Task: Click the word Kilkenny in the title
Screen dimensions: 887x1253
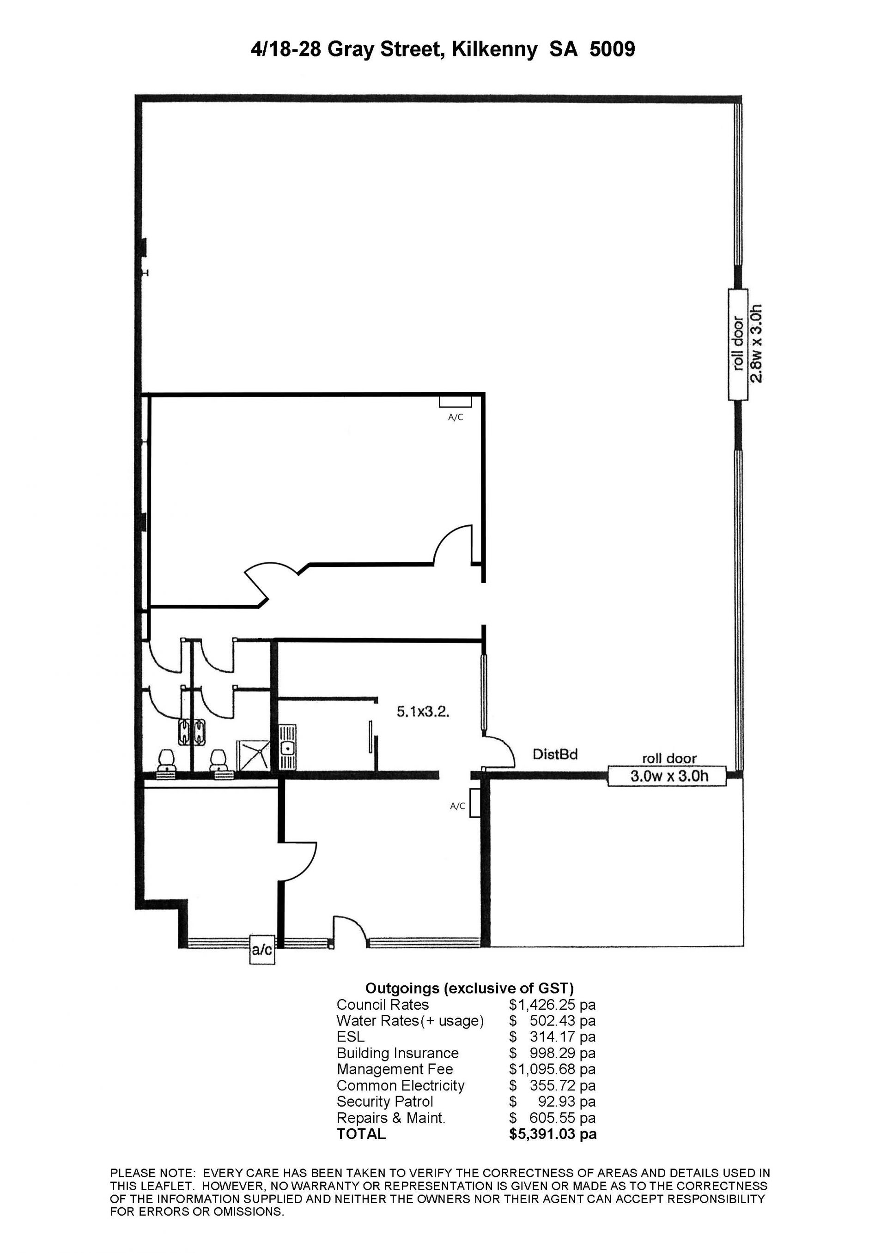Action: (x=495, y=50)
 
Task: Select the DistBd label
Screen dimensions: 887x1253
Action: (x=555, y=754)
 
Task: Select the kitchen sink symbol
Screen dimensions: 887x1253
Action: (x=287, y=747)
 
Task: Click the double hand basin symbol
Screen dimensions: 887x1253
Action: (x=192, y=732)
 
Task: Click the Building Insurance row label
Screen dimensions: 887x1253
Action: (x=398, y=1053)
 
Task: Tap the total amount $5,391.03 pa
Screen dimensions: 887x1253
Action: (x=553, y=1134)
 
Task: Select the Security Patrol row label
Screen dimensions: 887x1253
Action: (x=385, y=1102)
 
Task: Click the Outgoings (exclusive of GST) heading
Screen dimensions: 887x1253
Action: (x=469, y=988)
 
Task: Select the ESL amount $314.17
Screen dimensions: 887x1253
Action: (x=553, y=1037)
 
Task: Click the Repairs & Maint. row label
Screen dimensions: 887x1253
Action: (x=391, y=1118)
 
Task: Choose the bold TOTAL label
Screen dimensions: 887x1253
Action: (x=361, y=1134)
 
